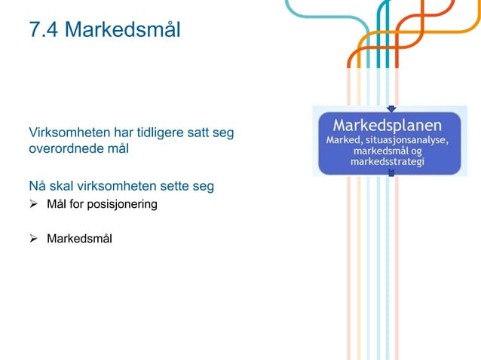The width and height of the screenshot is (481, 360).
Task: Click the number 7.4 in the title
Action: [x=43, y=31]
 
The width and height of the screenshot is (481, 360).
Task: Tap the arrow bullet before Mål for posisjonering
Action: [x=34, y=204]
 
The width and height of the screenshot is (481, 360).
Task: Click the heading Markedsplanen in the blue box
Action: [x=388, y=124]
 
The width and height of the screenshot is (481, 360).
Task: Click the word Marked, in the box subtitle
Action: [x=344, y=140]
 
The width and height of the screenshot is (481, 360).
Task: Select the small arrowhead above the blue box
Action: [x=391, y=108]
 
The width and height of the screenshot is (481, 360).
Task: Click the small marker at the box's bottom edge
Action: [x=391, y=172]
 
